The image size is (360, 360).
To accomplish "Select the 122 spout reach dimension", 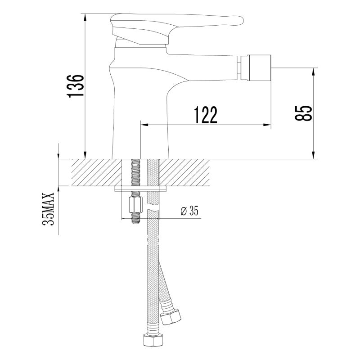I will [206, 115].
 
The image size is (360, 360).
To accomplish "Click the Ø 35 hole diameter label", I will [189, 211].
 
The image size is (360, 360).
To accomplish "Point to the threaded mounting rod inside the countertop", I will [134, 173].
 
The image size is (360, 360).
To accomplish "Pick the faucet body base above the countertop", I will [141, 135].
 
